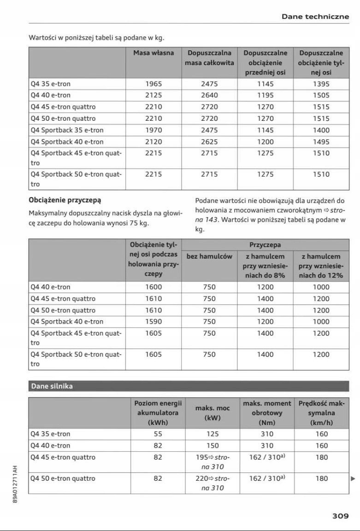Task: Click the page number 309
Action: point(340,516)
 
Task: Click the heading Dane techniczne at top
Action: point(315,17)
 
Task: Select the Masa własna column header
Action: point(153,53)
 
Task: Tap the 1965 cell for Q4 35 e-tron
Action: point(153,84)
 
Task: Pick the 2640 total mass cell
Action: point(209,95)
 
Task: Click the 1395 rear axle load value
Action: point(321,84)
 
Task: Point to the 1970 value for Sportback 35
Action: point(153,130)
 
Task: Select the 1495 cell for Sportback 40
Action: point(321,142)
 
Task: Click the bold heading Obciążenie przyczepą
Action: point(65,201)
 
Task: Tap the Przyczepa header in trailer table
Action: point(265,245)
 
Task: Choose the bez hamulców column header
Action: point(209,256)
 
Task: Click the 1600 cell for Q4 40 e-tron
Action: point(153,287)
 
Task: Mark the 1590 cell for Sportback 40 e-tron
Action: point(153,322)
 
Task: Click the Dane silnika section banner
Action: point(52,386)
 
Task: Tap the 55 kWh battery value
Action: point(158,434)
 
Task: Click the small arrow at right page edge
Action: point(353,478)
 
